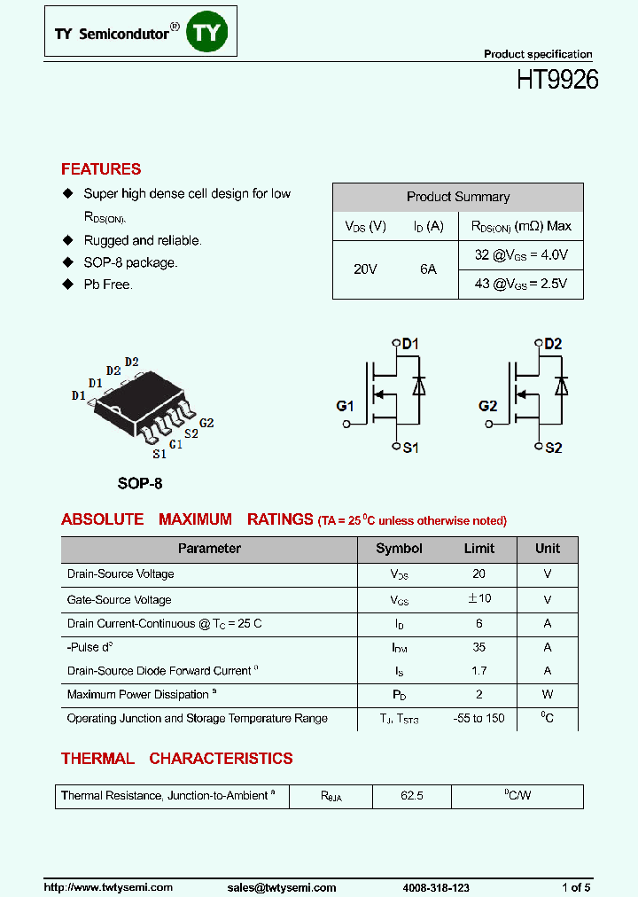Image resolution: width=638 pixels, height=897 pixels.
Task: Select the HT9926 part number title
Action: point(557,80)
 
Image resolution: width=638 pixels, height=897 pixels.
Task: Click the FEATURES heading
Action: point(101,169)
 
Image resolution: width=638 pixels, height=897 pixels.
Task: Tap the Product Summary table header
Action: point(457,197)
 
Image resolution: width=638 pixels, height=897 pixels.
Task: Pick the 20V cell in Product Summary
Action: point(365,269)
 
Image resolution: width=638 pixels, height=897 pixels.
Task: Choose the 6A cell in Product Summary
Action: point(428,269)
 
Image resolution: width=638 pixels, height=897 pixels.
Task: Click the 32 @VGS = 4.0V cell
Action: point(521,255)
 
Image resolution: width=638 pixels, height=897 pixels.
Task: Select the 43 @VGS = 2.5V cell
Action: point(521,285)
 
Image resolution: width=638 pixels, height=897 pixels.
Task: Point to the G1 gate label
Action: point(345,406)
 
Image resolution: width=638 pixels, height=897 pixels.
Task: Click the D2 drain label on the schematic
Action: point(553,344)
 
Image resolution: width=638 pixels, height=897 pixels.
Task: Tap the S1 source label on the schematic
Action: point(410,448)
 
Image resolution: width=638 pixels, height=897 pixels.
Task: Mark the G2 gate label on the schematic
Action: point(487,406)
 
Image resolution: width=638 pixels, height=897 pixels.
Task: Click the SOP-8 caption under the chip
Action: point(140,484)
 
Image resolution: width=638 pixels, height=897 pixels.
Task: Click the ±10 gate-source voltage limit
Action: point(478,599)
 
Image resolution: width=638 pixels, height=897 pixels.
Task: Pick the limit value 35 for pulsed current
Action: point(478,648)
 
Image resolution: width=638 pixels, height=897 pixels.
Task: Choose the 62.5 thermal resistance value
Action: point(411,796)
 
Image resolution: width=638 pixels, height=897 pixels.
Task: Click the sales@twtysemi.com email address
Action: point(281,887)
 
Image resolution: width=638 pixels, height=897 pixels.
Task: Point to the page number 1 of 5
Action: point(576,887)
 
